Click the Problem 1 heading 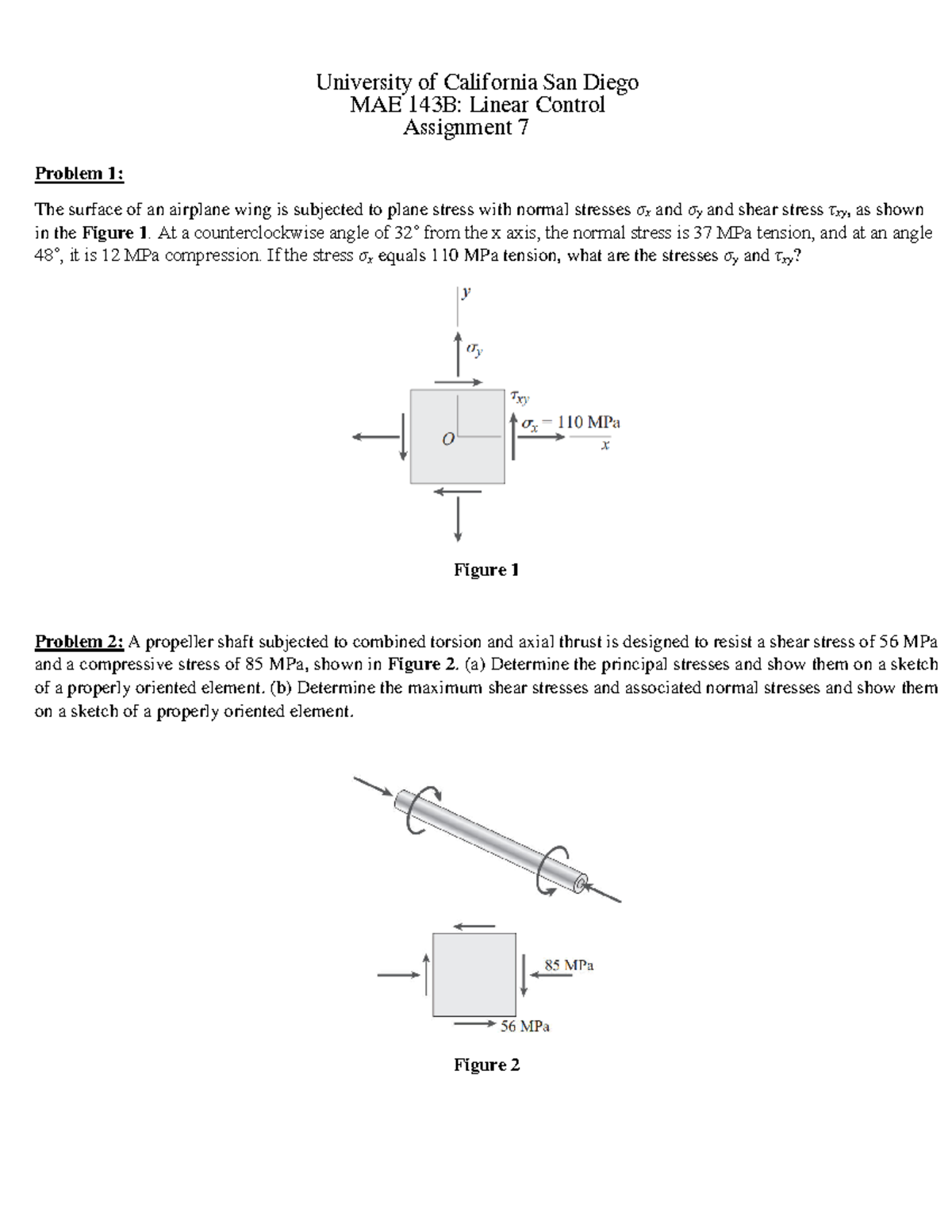point(79,174)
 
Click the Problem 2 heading point(79,641)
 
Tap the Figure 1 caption point(486,570)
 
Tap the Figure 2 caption point(486,1065)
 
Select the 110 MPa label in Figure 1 point(589,422)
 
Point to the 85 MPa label point(569,965)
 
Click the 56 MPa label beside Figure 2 point(525,1026)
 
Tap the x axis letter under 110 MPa point(605,447)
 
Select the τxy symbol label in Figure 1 point(520,396)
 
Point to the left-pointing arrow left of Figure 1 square point(373,436)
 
